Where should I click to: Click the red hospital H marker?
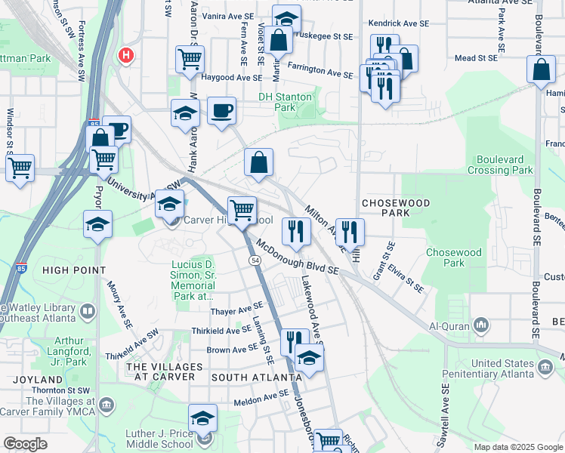126,55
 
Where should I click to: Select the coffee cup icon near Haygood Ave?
221,111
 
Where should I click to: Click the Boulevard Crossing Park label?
505,165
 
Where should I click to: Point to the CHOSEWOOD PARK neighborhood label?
396,208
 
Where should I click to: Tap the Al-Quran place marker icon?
481,325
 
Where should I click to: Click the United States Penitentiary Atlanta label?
513,370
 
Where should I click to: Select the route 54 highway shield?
255,260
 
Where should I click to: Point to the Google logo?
25,444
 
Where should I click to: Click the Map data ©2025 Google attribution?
518,447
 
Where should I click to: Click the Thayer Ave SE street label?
236,310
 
